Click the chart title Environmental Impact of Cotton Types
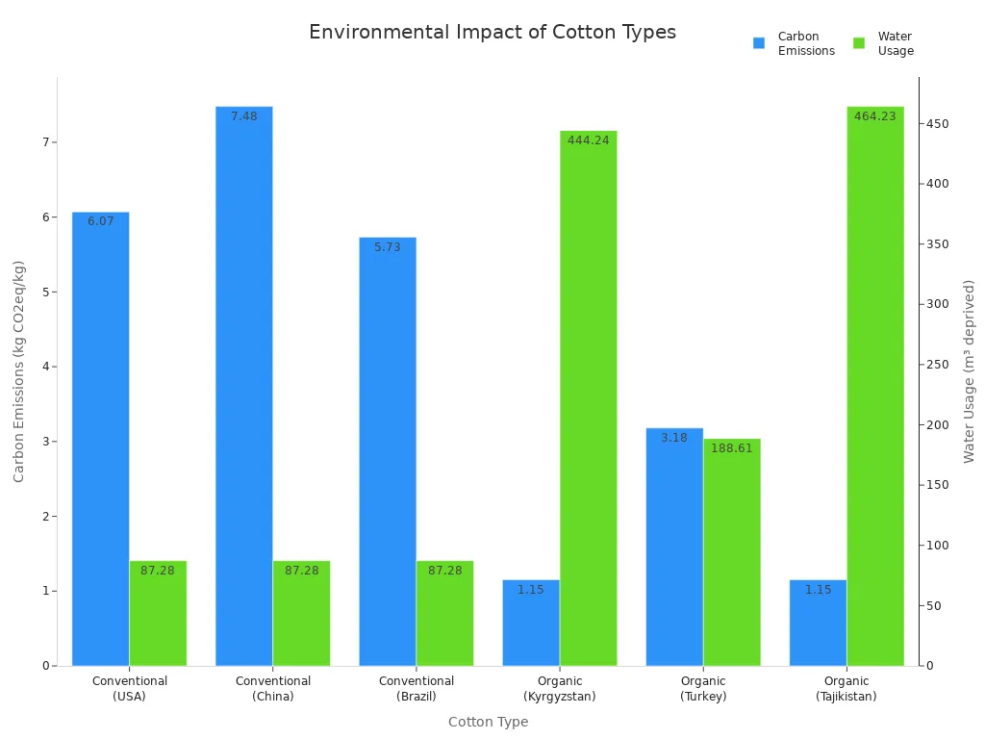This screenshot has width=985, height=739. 492,32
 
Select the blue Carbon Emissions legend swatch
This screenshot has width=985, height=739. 759,43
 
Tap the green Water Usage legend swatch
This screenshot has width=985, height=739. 859,43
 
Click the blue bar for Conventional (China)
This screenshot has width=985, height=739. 243,385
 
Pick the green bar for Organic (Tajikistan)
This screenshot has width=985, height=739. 875,385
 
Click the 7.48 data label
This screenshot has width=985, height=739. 244,116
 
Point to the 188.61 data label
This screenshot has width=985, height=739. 732,448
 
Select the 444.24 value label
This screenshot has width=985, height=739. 588,140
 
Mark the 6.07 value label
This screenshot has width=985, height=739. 101,221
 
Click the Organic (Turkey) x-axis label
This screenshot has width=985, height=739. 703,689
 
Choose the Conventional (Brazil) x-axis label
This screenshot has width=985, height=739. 417,689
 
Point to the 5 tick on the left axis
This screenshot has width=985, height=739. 44,292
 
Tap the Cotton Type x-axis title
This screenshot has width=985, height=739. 488,722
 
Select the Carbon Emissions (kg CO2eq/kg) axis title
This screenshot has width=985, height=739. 19,370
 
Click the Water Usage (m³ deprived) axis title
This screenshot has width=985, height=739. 970,370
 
